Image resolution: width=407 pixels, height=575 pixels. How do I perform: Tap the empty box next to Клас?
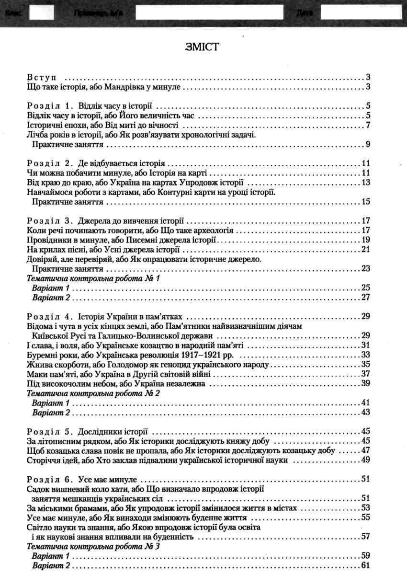pos(41,12)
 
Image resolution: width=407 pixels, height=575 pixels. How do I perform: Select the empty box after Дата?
pos(361,12)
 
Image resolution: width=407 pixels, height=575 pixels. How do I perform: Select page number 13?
pos(366,182)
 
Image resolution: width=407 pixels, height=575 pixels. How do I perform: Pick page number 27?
pos(366,297)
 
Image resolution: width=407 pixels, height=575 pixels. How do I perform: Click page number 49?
pos(366,460)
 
